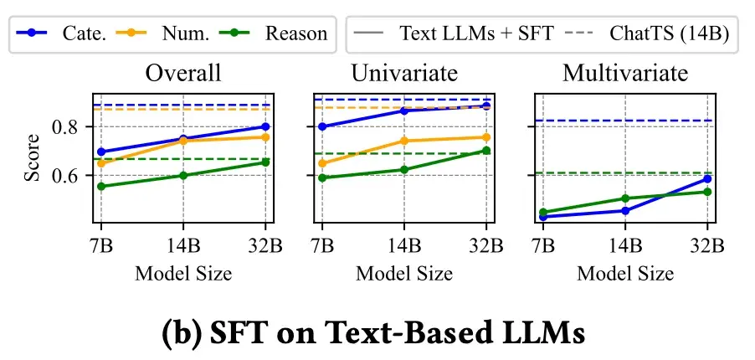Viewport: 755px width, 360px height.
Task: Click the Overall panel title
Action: (x=183, y=73)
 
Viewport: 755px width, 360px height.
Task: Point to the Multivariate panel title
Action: (x=625, y=73)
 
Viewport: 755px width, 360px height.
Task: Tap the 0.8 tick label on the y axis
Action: (x=67, y=127)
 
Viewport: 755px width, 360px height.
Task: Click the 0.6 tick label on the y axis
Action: (x=67, y=176)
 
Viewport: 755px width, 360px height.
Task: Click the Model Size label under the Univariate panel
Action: (x=404, y=273)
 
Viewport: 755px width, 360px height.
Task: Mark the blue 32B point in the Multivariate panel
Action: (x=707, y=178)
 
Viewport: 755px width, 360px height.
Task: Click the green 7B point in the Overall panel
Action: (x=101, y=186)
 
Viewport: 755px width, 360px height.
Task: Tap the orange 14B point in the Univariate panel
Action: (x=404, y=141)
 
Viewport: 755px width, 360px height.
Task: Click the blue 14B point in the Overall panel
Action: (x=183, y=139)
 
